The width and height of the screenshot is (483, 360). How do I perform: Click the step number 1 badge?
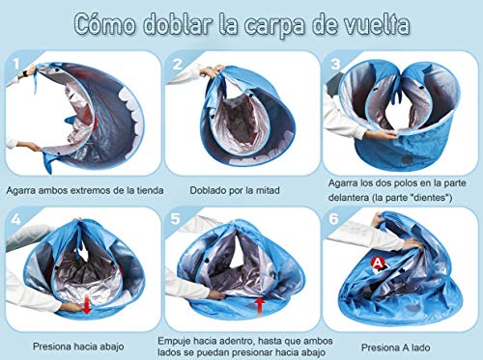[x=17, y=65]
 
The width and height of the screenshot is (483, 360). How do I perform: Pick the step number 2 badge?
[x=178, y=64]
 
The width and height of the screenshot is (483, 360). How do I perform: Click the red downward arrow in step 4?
[x=88, y=308]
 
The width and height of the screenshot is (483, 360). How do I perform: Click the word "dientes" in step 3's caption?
[x=435, y=197]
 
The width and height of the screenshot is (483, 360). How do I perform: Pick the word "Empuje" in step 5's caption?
[x=179, y=340]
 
